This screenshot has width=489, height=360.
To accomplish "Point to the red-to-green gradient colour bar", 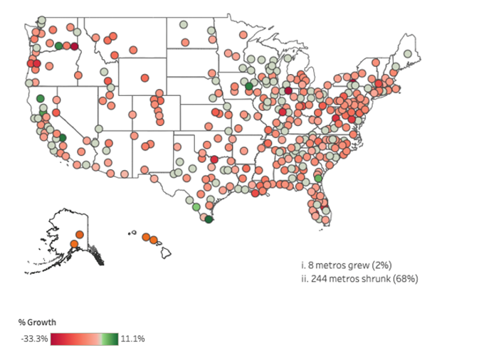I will (x=84, y=339).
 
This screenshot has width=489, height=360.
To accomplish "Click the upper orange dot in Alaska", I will (x=79, y=235).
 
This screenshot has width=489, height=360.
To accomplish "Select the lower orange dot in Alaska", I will (x=73, y=244).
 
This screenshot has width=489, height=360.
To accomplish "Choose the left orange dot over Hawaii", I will (x=145, y=237).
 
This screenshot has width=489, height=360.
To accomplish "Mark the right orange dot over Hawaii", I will (x=154, y=240).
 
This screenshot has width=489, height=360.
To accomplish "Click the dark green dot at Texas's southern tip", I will (x=209, y=220).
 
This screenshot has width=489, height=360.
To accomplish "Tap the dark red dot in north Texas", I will (x=214, y=159).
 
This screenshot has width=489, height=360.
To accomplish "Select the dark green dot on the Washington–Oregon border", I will (x=59, y=46).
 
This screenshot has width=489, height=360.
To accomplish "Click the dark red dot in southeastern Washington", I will (x=74, y=46).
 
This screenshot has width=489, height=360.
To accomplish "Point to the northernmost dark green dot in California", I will (x=41, y=97).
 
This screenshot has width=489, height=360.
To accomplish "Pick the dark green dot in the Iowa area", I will (x=249, y=86).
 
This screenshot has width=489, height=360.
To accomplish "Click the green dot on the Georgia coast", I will (x=318, y=179).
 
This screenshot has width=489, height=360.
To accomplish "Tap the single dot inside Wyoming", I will (x=145, y=77).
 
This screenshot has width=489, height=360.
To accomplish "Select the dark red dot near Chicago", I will (x=288, y=90).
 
